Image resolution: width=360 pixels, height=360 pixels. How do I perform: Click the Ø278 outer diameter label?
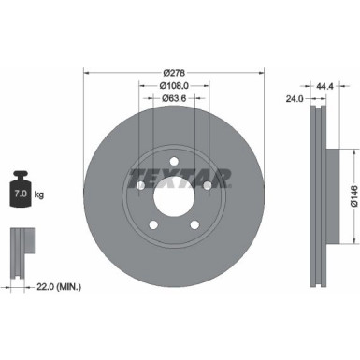tap(172, 72)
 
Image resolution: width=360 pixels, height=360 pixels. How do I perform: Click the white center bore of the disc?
tap(171, 197)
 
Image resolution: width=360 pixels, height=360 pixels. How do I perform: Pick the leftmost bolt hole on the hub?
tap(141, 188)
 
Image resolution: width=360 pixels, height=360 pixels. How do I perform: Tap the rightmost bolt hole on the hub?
tap(201, 188)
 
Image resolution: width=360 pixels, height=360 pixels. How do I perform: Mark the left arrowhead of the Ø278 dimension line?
tap(86, 72)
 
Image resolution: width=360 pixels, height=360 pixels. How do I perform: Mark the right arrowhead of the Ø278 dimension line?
tap(257, 72)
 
